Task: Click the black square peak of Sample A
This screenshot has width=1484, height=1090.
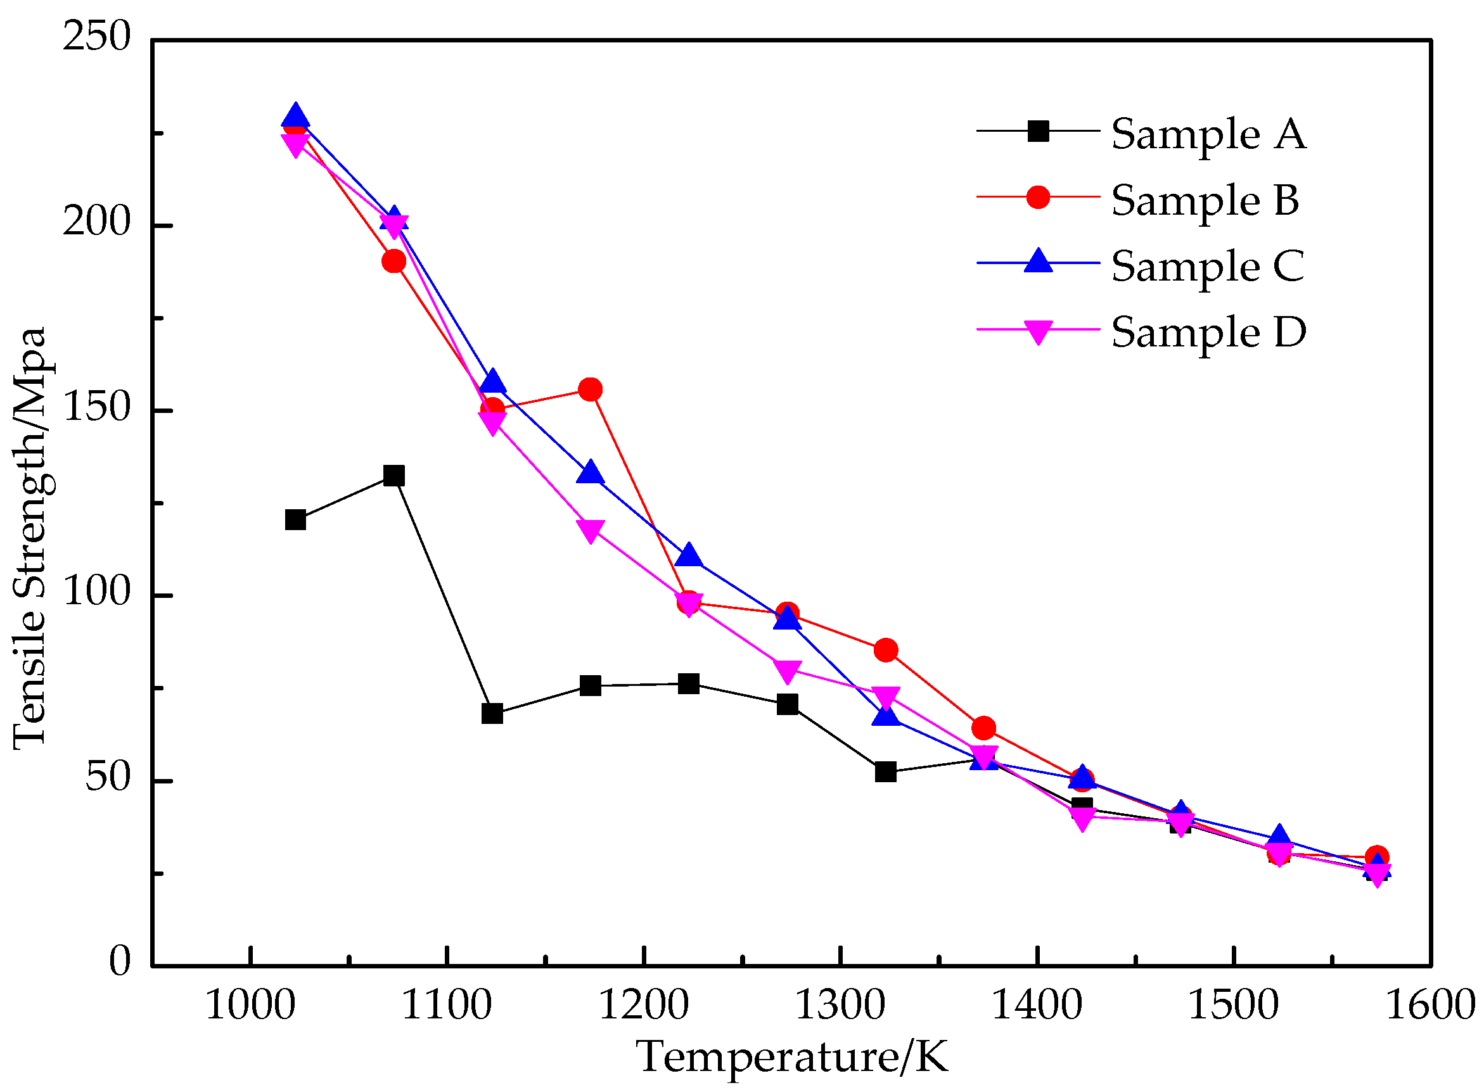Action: click(x=393, y=476)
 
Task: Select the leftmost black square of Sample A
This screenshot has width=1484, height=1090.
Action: click(x=295, y=520)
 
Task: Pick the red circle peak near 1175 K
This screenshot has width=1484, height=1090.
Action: click(x=590, y=390)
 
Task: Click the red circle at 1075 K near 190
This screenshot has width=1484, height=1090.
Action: click(x=393, y=262)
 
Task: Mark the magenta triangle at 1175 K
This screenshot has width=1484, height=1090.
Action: click(x=590, y=530)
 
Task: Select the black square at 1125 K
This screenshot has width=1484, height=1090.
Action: click(x=492, y=713)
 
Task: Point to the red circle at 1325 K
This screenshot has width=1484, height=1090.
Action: click(x=885, y=650)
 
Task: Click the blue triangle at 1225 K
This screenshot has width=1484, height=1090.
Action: click(x=689, y=555)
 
